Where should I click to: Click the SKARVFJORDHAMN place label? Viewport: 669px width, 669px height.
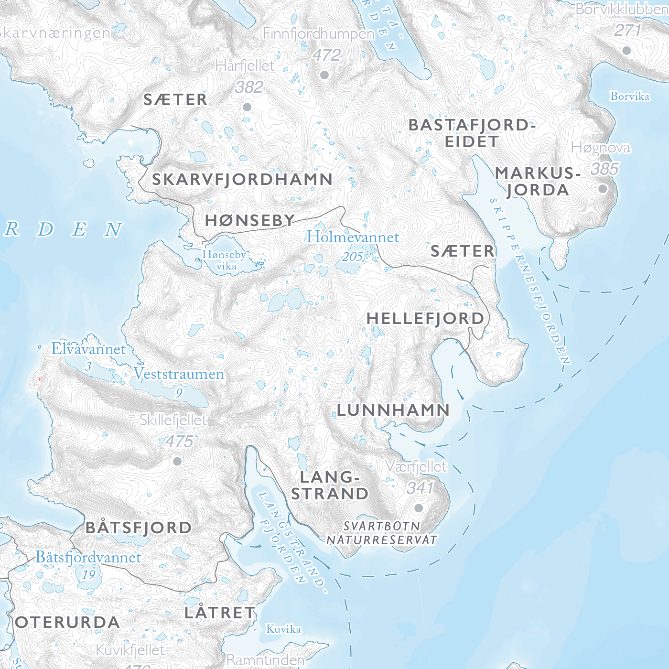pos(242,179)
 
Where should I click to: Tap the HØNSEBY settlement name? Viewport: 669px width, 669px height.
pos(250,220)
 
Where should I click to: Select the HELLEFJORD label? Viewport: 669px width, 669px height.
pos(425,319)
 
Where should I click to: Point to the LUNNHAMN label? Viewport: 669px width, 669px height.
pos(393,410)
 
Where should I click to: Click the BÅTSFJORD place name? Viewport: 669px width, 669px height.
pos(139,528)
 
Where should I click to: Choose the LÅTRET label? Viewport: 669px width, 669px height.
pos(220,613)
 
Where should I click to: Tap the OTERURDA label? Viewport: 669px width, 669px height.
pos(67,622)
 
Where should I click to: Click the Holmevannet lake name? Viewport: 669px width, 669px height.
pos(353,237)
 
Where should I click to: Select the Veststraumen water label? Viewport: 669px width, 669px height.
pos(179,374)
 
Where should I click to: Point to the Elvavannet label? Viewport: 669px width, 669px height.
pos(88,349)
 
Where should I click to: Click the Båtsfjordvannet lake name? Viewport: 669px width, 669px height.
pos(88,558)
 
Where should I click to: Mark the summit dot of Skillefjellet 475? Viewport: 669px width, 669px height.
pos(177,461)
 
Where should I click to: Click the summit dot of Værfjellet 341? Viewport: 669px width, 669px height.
pos(419,508)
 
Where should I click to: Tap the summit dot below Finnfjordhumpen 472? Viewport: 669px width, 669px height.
pos(324,75)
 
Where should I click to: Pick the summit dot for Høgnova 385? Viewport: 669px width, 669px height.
pos(603,189)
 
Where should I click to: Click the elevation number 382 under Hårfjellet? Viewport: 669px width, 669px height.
pos(249,87)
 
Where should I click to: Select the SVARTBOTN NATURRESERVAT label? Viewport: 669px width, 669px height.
pos(382,533)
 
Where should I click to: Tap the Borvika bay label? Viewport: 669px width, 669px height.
pos(630,97)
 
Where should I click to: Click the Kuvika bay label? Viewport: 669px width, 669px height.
pos(283,629)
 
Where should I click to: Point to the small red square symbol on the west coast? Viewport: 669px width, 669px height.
pos(39,379)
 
